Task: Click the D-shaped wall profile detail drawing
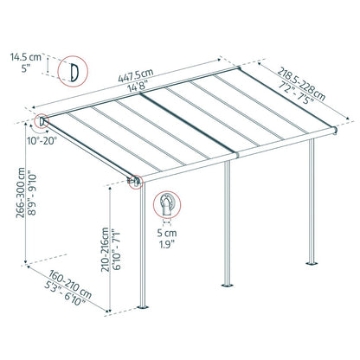[x=74, y=71]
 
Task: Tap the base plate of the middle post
[x=228, y=282]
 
